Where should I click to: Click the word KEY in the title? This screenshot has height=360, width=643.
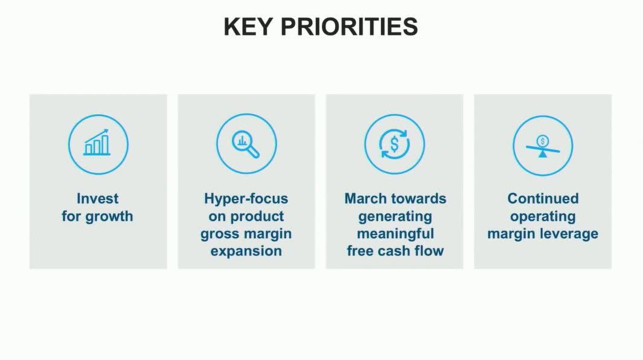coord(248,27)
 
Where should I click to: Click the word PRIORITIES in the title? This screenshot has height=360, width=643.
coord(349,27)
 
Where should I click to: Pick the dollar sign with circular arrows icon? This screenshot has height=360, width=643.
coord(394,144)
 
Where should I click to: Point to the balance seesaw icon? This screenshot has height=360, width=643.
coord(543,146)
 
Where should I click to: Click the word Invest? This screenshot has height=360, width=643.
coord(98,199)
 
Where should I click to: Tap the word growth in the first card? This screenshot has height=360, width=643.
coord(109,217)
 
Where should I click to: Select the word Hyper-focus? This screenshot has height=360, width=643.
coord(246,199)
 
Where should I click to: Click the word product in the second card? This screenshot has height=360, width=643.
coord(257,216)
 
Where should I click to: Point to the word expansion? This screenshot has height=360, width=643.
coord(246,251)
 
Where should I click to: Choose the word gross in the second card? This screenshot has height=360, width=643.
coord(219,234)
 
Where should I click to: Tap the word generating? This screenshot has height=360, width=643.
coord(395,217)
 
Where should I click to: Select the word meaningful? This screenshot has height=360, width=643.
coord(395,234)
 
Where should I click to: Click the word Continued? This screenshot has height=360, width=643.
coord(543,199)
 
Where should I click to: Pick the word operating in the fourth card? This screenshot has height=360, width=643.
coord(543,217)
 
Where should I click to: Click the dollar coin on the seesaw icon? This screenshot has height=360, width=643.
coord(543,141)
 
